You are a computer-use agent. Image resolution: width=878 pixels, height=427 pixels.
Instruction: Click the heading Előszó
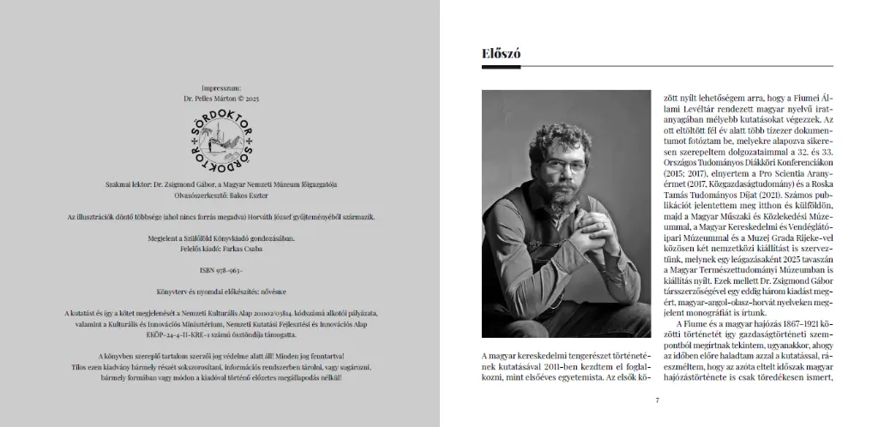501,54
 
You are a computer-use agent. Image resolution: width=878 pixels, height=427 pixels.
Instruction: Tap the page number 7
657,400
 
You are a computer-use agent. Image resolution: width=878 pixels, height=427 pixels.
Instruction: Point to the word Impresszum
220,88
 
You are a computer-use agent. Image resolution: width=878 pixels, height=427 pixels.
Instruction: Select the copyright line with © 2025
220,99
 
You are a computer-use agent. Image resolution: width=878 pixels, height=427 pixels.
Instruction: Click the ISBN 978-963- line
220,270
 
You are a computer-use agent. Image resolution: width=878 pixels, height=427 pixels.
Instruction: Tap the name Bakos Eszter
244,195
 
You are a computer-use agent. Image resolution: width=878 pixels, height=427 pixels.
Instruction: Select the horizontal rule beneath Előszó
657,66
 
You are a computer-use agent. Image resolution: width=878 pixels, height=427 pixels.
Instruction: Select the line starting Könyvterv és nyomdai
220,292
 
